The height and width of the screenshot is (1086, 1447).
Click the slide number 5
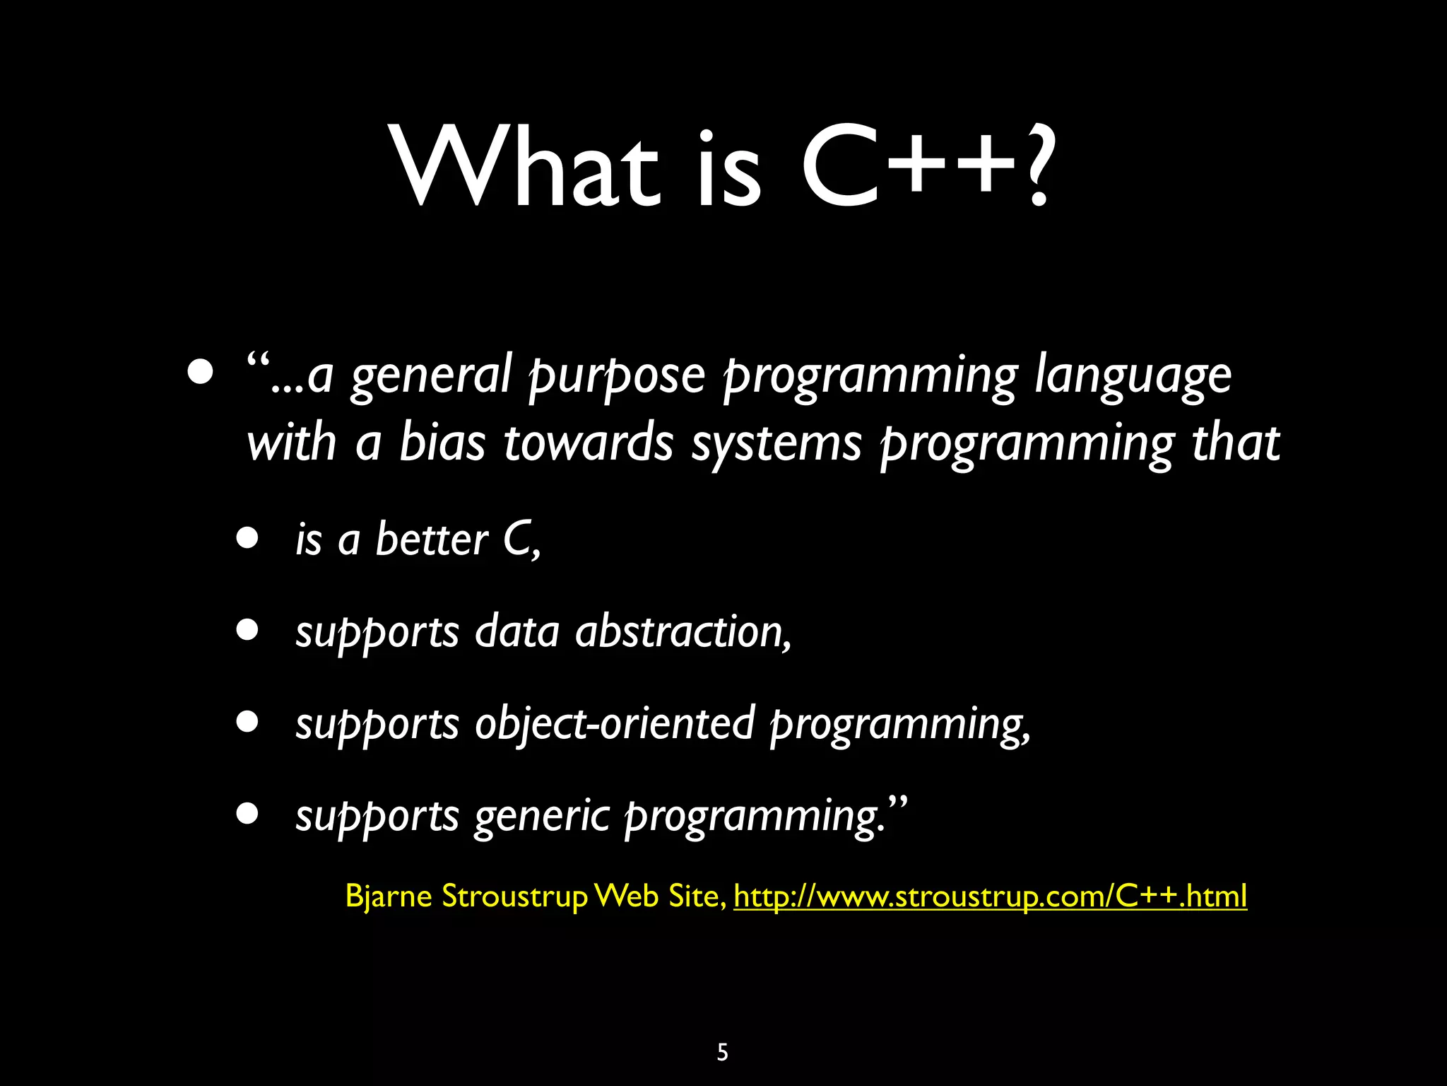722,1052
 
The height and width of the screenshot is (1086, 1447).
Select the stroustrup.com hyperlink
990,897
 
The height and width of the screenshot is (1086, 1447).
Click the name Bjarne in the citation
388,897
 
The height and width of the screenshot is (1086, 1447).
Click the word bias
442,443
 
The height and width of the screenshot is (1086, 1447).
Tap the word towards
588,443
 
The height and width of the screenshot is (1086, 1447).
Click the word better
431,539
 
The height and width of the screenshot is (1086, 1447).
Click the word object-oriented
614,724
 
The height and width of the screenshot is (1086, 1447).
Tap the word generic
541,817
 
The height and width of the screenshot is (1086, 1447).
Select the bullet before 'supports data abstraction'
248,631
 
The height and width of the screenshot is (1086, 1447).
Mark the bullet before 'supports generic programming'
248,814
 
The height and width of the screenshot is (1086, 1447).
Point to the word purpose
617,376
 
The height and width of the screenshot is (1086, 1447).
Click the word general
430,376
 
